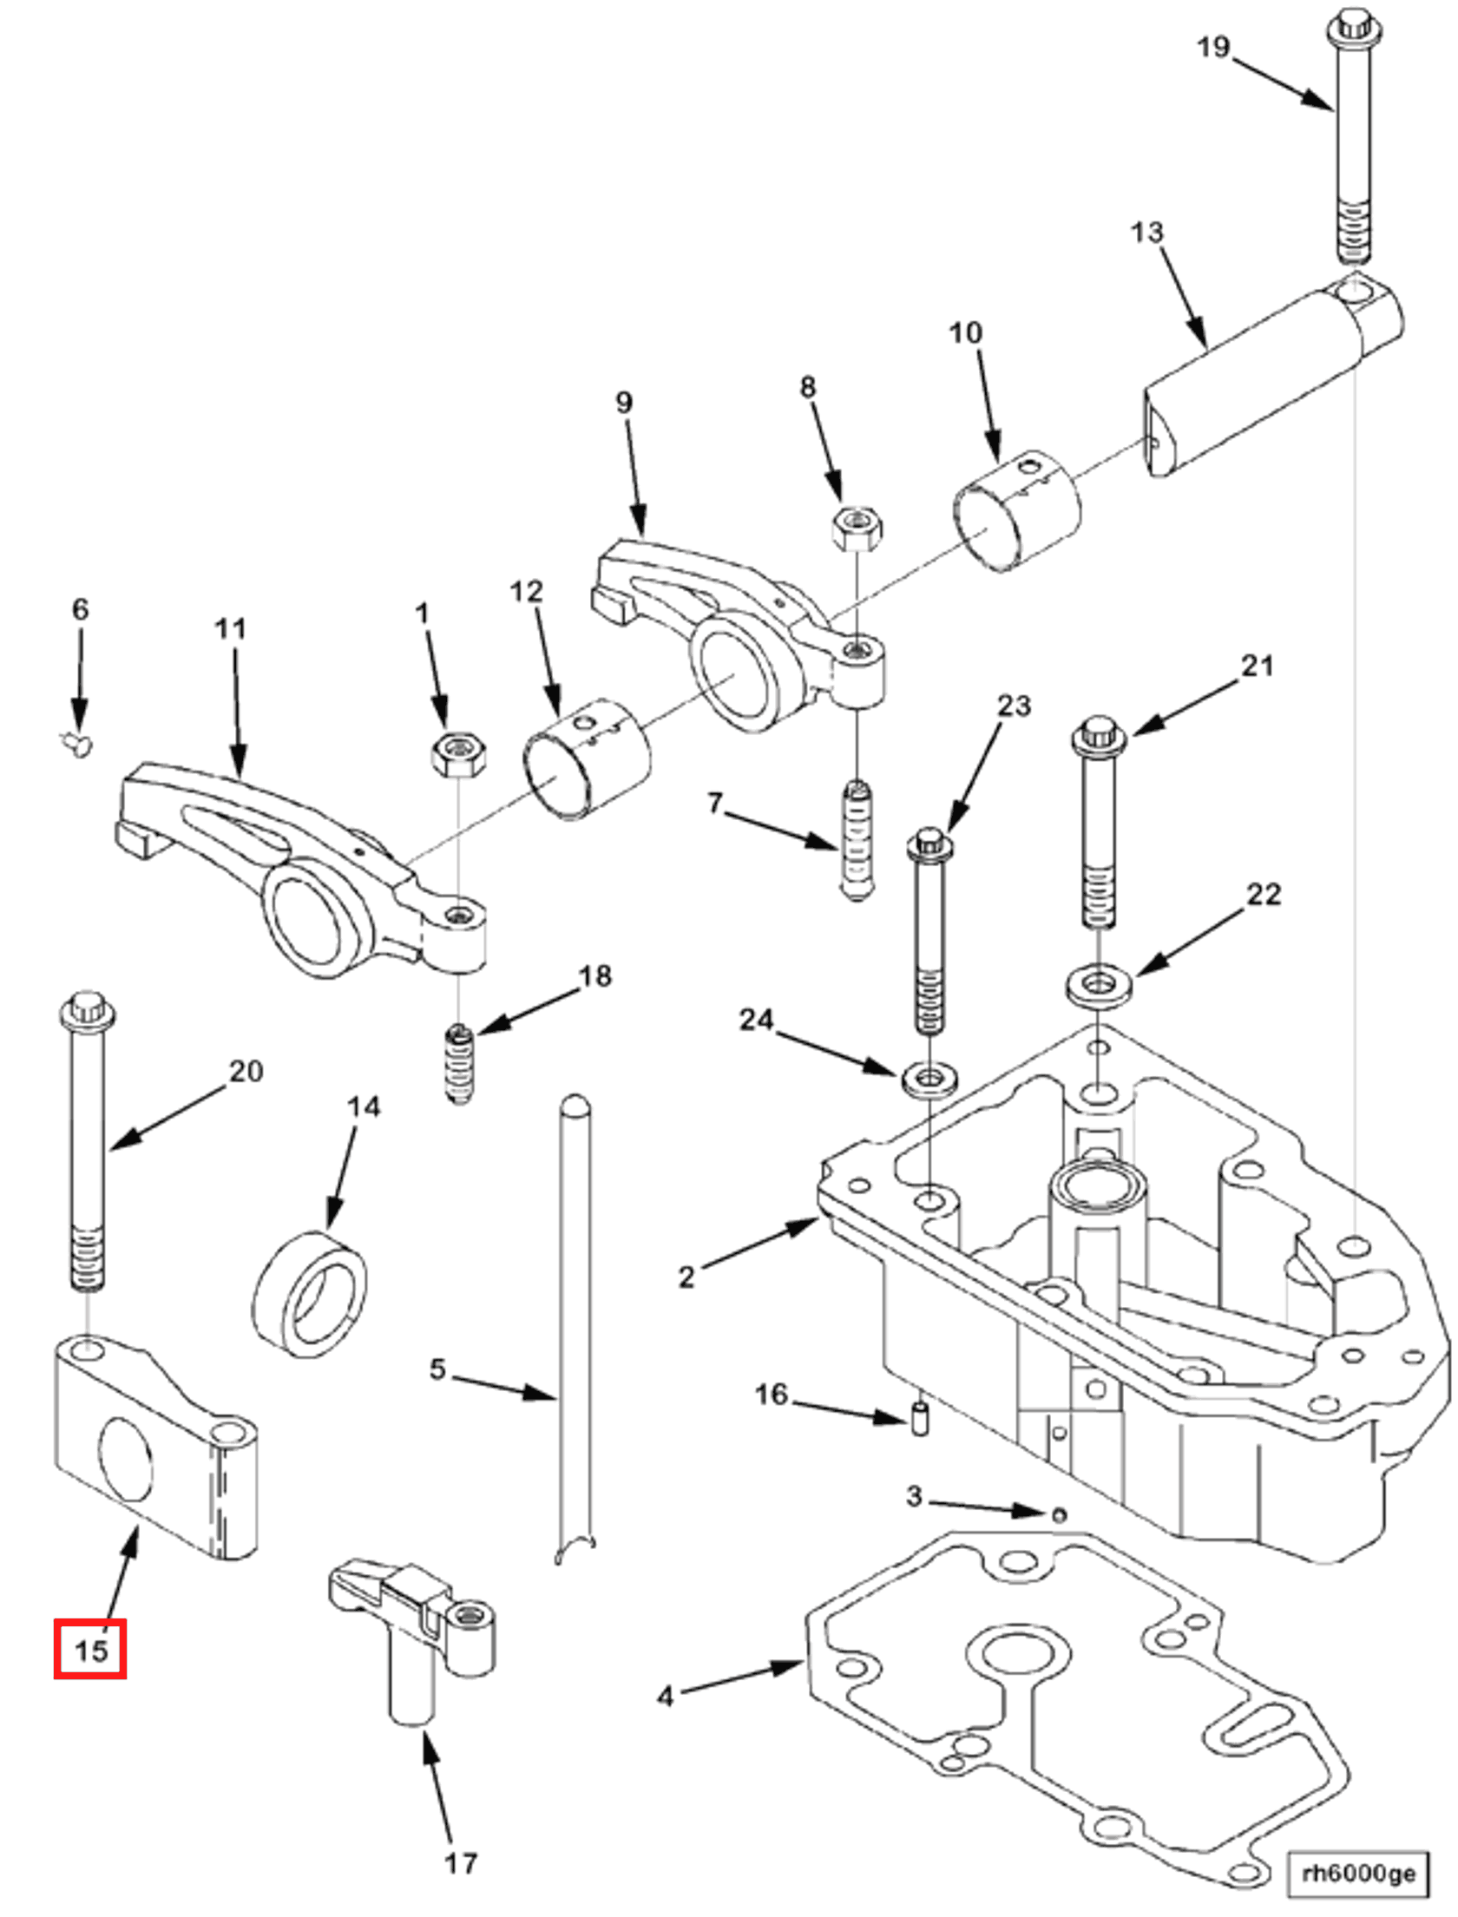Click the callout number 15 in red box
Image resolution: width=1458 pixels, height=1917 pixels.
point(90,1648)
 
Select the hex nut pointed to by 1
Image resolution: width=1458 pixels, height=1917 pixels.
point(458,752)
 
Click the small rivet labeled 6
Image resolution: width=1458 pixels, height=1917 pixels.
point(78,743)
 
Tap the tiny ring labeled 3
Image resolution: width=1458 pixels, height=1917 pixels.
point(1058,1515)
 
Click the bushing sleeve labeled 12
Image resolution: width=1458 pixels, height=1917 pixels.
point(587,758)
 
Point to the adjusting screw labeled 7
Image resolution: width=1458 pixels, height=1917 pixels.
point(857,840)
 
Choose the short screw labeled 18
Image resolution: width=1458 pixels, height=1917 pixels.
point(459,1064)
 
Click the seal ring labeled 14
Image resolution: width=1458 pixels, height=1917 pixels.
point(310,1293)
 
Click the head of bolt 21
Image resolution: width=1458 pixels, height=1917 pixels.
point(1100,735)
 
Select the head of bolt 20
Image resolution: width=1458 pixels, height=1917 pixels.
point(86,1011)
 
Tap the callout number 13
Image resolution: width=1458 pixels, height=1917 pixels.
point(1146,232)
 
